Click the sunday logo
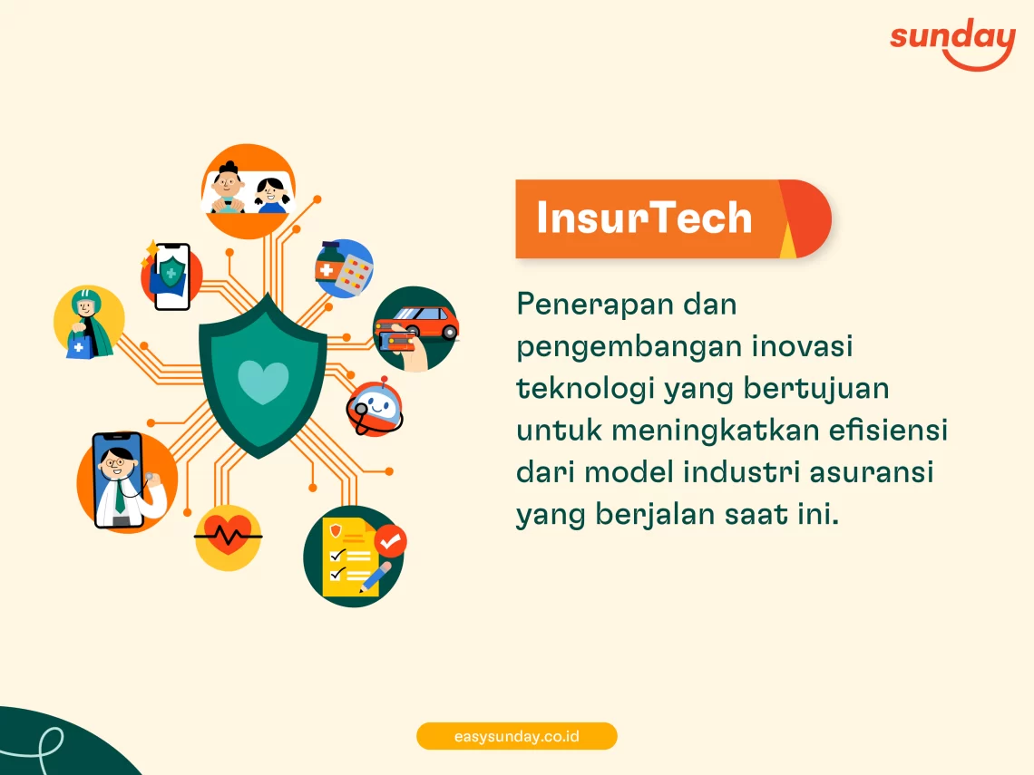[x=952, y=44]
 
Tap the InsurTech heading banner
[x=673, y=218]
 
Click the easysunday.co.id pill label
[x=516, y=736]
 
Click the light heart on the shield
[x=263, y=382]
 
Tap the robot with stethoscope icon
[x=375, y=408]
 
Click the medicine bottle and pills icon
[x=344, y=268]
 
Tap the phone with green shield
[x=171, y=276]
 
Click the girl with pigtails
[x=272, y=196]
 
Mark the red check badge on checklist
[x=390, y=541]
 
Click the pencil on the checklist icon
[x=376, y=577]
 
